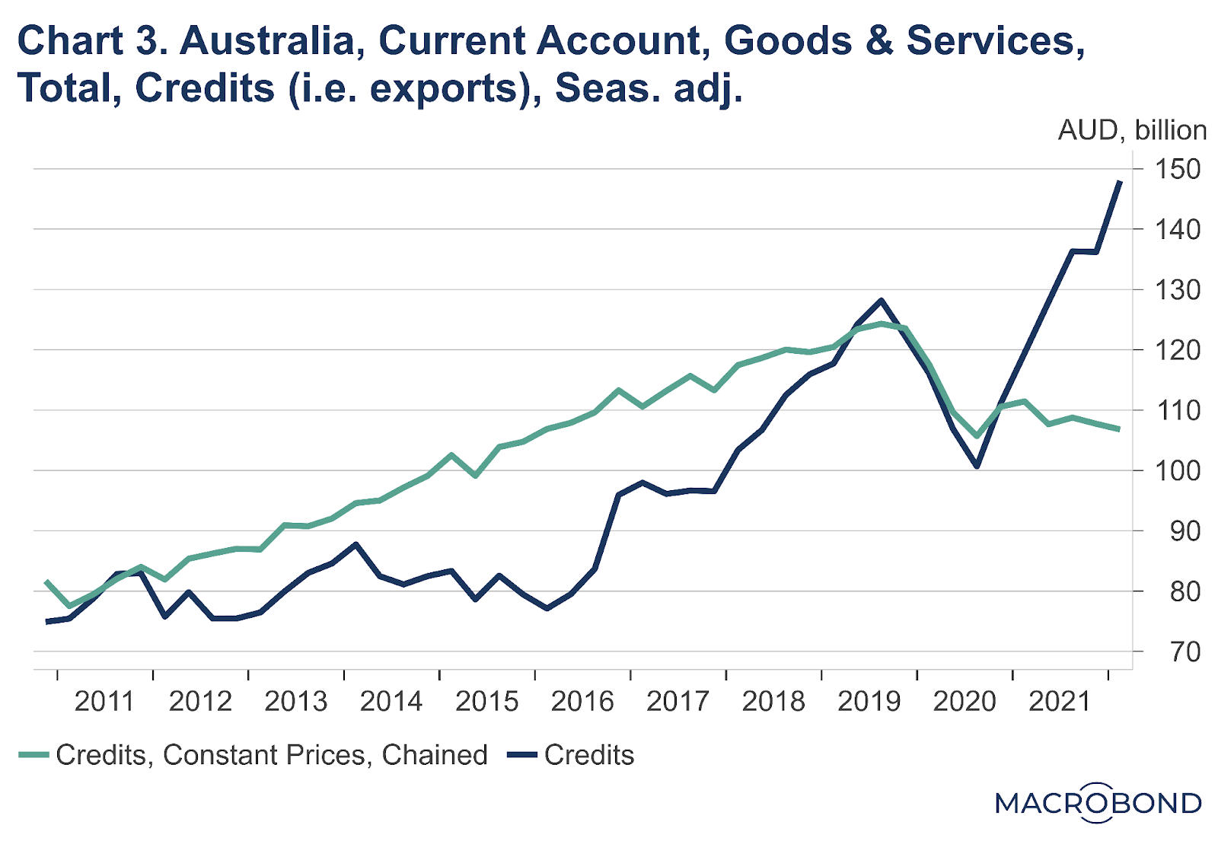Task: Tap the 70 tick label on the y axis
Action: pyautogui.click(x=1183, y=651)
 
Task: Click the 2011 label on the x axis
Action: pyautogui.click(x=104, y=701)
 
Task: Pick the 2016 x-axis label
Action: pyautogui.click(x=582, y=701)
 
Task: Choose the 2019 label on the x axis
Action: pyautogui.click(x=869, y=701)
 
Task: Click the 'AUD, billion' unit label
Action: pyautogui.click(x=1132, y=131)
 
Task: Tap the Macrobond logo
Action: pyautogui.click(x=1098, y=803)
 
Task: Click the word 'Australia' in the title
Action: pyautogui.click(x=267, y=41)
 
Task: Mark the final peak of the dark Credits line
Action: pyautogui.click(x=1120, y=181)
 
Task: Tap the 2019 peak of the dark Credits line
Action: pyautogui.click(x=882, y=300)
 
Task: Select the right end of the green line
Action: pyautogui.click(x=1119, y=429)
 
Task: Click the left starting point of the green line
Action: pyautogui.click(x=47, y=581)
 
